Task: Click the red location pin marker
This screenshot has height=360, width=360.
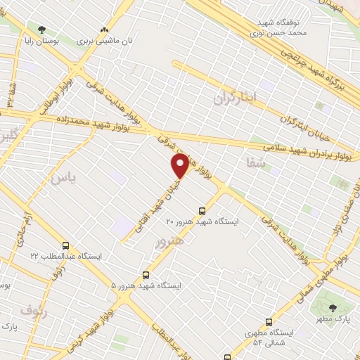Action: [180, 165]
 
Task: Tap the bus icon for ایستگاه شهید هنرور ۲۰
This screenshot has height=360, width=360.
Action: [202, 210]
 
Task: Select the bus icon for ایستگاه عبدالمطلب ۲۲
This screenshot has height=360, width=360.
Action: [65, 246]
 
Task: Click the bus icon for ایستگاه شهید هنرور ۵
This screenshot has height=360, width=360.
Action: [146, 275]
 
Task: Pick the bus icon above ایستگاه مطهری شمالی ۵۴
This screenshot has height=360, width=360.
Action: [269, 322]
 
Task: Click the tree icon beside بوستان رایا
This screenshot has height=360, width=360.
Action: [41, 30]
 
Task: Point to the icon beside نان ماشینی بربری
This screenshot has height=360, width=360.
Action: [105, 30]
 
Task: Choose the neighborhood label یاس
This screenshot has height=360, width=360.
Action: [62, 177]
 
